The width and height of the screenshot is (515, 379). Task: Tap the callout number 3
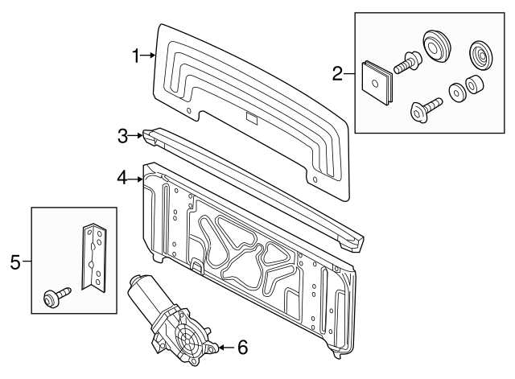coord(123,136)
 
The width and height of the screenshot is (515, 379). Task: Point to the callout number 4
coord(122,176)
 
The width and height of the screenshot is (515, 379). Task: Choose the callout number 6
coord(241,348)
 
